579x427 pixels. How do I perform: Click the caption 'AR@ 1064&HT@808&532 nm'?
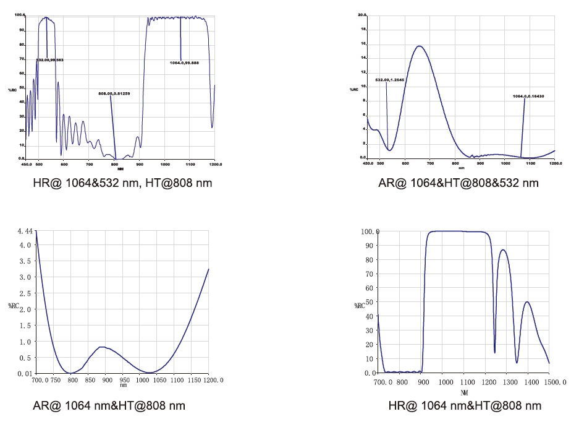[x=459, y=183]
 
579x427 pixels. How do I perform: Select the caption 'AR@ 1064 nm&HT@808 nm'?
[x=109, y=405]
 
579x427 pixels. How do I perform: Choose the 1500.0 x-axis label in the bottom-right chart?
[x=555, y=383]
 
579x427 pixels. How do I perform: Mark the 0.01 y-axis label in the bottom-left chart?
[x=25, y=374]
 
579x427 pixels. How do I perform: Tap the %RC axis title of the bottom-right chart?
[x=360, y=305]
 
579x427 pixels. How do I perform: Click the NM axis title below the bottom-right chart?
[x=463, y=392]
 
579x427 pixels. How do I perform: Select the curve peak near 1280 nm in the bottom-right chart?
[x=504, y=249]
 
